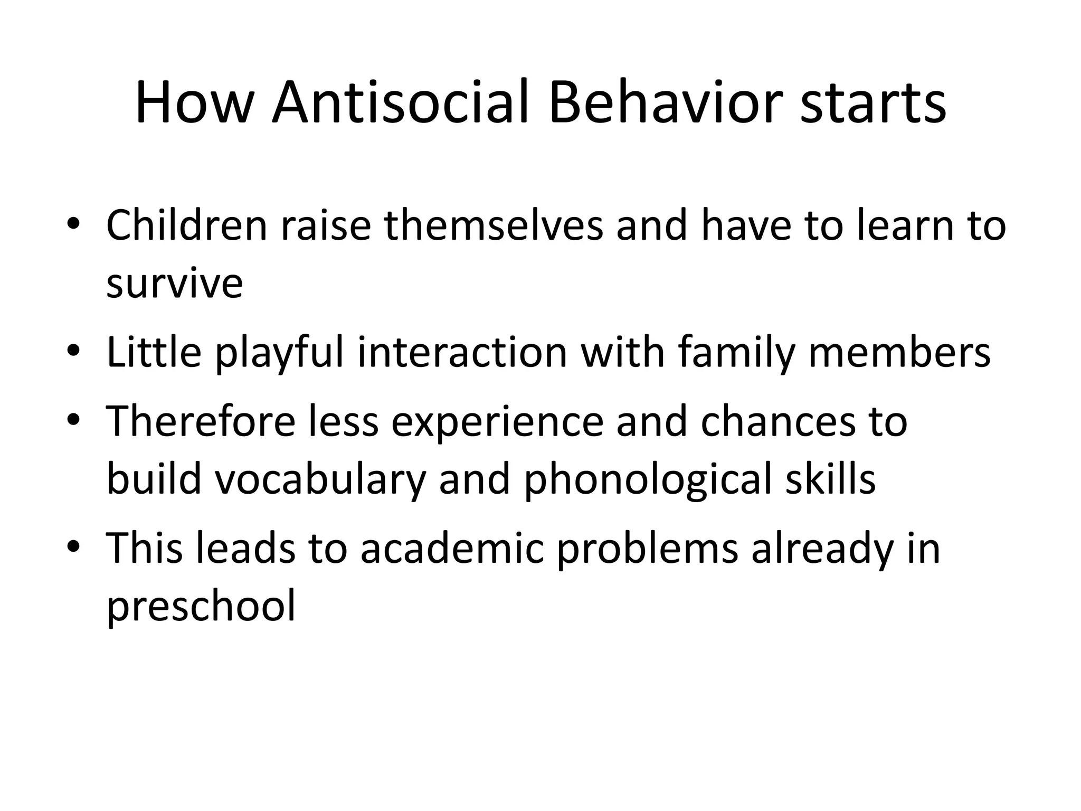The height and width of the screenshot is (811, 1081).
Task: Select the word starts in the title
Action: [x=873, y=103]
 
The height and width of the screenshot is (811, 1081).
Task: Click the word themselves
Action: [x=493, y=225]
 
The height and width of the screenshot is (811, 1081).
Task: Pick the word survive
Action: [x=174, y=284]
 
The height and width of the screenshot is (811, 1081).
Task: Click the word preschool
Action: [x=201, y=607]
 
